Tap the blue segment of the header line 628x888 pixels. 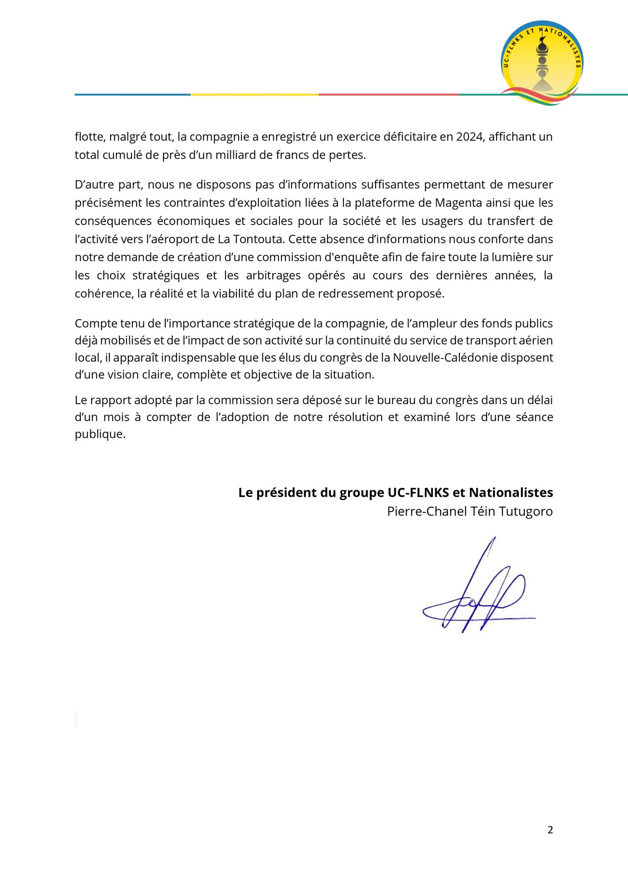pos(132,95)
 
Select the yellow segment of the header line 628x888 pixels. pos(255,95)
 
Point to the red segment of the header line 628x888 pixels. pos(389,95)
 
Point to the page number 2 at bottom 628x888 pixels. pos(550,830)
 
